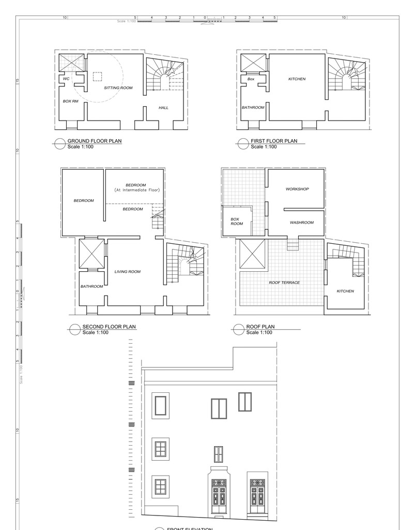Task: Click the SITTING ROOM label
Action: tap(118, 88)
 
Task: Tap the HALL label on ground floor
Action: tap(163, 108)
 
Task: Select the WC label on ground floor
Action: tap(66, 79)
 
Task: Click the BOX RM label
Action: tap(71, 101)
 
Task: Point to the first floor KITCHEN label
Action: tap(297, 79)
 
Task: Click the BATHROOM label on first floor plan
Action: tap(253, 108)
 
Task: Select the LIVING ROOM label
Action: tap(127, 272)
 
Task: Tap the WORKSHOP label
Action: tap(297, 189)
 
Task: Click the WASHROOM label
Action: tap(301, 223)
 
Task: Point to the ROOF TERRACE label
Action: tap(284, 283)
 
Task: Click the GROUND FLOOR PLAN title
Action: tap(95, 141)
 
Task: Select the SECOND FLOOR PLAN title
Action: tap(109, 327)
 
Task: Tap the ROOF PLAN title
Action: tap(260, 327)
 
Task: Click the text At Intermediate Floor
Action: tap(137, 190)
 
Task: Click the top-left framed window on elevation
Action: tap(161, 405)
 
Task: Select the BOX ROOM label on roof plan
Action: tap(237, 222)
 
